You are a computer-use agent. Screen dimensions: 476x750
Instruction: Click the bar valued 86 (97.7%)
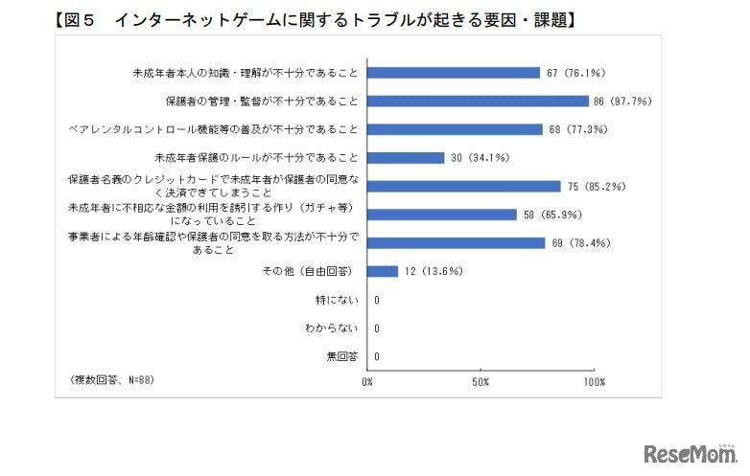478,101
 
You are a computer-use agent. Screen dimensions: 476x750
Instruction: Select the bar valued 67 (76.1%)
454,72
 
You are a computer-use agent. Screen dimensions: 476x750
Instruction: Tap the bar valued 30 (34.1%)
406,157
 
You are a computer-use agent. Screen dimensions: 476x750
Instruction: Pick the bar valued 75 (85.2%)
464,186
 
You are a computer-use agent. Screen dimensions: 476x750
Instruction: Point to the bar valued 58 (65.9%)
442,215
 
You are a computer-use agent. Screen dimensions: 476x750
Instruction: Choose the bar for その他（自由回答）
382,271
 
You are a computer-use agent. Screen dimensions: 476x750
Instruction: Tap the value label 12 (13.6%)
434,271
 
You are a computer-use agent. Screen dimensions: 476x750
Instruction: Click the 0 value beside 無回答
377,357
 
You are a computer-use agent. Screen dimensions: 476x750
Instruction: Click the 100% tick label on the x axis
594,382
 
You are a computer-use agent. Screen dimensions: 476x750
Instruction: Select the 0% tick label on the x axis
367,382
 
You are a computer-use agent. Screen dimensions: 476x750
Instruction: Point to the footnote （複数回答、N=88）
112,380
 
